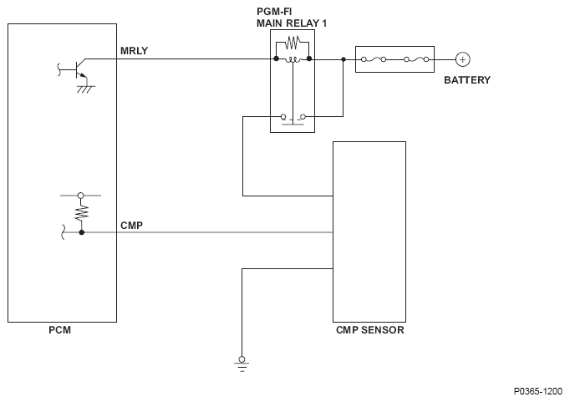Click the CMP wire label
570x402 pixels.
(132, 226)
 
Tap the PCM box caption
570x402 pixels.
(59, 330)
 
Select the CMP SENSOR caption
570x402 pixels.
(369, 330)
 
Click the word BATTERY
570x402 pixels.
(466, 80)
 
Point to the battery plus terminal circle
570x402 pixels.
(462, 59)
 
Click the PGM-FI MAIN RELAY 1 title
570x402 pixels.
(291, 18)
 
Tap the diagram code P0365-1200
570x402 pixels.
(537, 390)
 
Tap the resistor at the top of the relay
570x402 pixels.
(292, 43)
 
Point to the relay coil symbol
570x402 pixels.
(292, 59)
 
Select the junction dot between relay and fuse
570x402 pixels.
(344, 59)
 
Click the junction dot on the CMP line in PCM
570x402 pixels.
(81, 232)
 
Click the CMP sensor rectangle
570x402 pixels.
(369, 231)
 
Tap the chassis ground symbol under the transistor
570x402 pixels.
(84, 87)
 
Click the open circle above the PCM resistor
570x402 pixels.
(81, 195)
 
